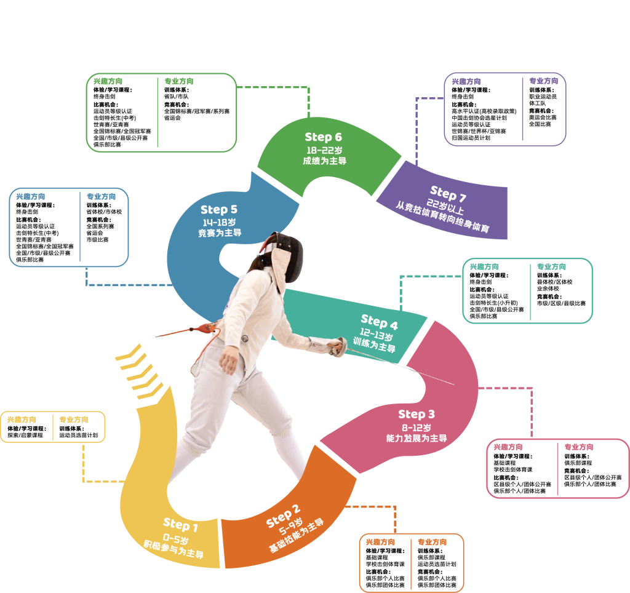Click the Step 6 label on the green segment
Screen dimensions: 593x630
[323, 137]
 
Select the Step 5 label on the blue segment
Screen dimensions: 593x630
[218, 210]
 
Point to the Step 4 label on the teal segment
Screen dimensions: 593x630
[379, 321]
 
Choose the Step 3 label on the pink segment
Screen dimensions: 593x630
[416, 414]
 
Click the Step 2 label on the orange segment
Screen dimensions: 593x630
[284, 515]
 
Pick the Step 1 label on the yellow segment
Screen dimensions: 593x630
[180, 525]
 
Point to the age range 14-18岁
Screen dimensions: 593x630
[219, 222]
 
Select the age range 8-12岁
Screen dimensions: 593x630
[417, 427]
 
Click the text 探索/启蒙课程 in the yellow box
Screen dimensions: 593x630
[25, 435]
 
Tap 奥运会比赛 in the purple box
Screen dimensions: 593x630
[543, 117]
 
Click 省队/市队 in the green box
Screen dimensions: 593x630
[177, 97]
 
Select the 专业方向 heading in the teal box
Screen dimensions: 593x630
[551, 267]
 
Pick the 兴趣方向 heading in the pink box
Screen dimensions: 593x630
[508, 447]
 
